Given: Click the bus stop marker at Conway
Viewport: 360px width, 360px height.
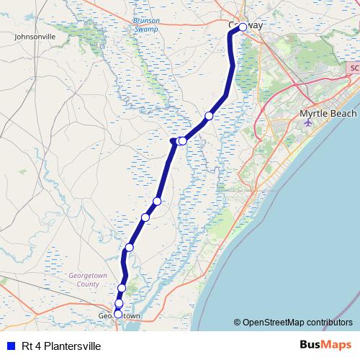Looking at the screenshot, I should coord(243,27).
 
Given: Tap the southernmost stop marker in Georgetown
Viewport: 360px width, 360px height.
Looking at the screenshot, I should coord(118,314).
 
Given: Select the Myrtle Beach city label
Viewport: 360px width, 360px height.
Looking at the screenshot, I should coord(328,114).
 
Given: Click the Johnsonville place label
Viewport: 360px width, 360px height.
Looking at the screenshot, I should coord(35,35).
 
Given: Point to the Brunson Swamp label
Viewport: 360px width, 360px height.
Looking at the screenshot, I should coord(146,25).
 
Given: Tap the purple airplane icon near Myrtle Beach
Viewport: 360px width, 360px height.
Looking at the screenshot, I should coord(309,122).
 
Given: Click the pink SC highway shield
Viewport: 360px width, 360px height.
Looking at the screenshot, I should coord(352,67).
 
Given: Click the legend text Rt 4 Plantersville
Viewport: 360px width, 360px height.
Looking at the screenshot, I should coord(61,346).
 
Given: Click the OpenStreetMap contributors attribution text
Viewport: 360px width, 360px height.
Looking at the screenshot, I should coord(297,323).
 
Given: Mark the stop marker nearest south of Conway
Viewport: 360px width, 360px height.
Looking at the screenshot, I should coord(209,116).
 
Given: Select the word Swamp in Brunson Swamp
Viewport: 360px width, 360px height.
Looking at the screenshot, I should coord(146,30).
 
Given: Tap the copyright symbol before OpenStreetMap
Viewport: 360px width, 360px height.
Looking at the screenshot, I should coord(237,323).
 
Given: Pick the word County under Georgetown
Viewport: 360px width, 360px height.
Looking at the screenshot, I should coord(88,284).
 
